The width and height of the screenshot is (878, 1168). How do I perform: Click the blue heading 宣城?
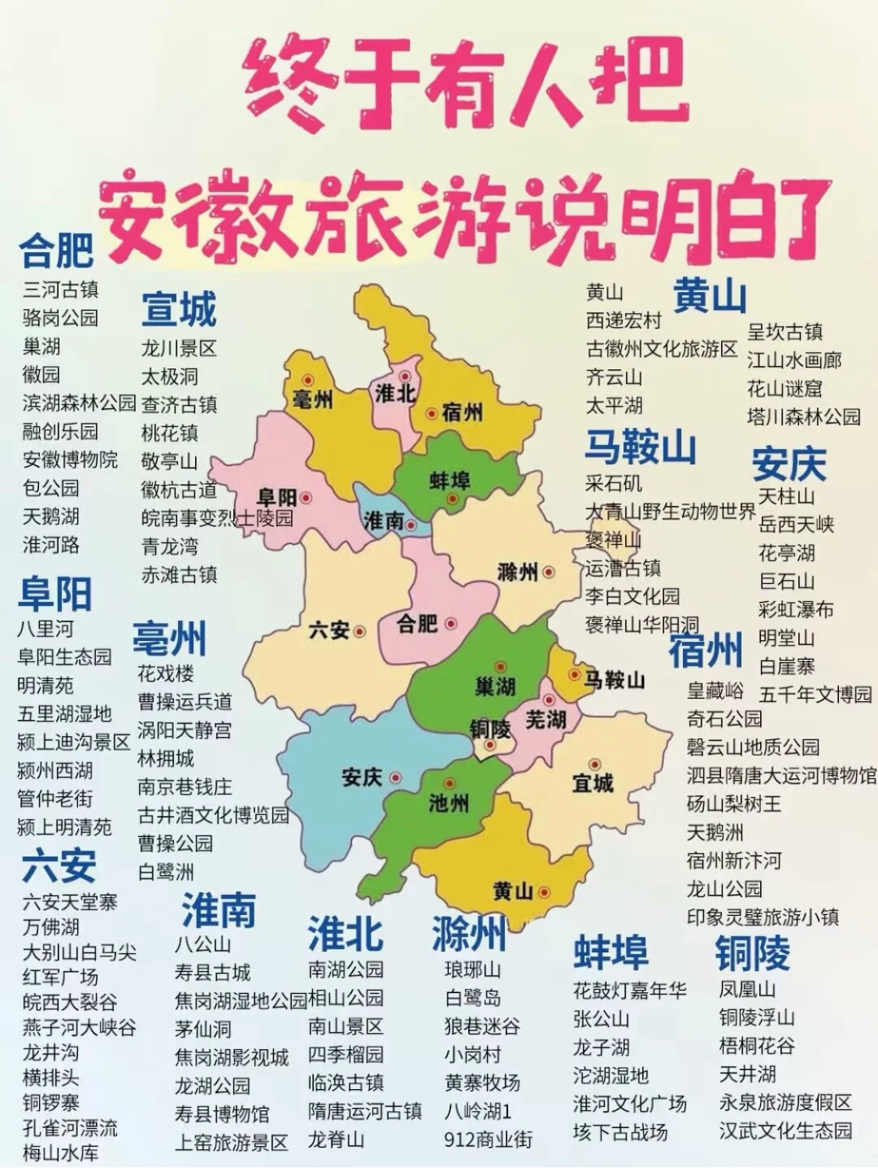tap(179, 310)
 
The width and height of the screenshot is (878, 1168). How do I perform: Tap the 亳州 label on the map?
tap(311, 399)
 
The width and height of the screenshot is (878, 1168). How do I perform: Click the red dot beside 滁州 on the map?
tap(549, 572)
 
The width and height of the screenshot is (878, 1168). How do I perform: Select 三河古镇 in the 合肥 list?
tap(61, 290)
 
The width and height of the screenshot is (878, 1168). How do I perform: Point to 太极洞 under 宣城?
tap(170, 377)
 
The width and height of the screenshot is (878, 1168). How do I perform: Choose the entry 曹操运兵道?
tap(185, 701)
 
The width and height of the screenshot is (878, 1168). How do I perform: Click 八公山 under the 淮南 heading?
tap(203, 944)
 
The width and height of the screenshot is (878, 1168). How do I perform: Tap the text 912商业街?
tap(489, 1140)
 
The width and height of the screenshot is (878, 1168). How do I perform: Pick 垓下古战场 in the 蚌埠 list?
tap(620, 1131)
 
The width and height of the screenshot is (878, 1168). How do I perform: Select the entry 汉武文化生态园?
tap(785, 1131)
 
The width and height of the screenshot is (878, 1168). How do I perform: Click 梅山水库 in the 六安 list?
tap(61, 1153)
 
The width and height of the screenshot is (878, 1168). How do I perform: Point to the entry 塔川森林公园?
tap(803, 416)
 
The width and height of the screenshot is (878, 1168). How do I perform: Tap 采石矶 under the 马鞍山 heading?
tap(614, 483)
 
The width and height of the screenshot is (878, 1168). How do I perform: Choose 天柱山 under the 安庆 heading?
tap(786, 496)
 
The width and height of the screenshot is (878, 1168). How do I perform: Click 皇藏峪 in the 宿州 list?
tap(715, 691)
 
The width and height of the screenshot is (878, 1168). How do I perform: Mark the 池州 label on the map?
tap(449, 804)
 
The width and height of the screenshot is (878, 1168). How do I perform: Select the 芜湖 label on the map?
tap(545, 720)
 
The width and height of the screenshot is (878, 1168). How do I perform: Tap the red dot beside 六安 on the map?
tap(359, 630)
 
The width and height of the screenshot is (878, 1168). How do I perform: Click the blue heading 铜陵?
tap(752, 953)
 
